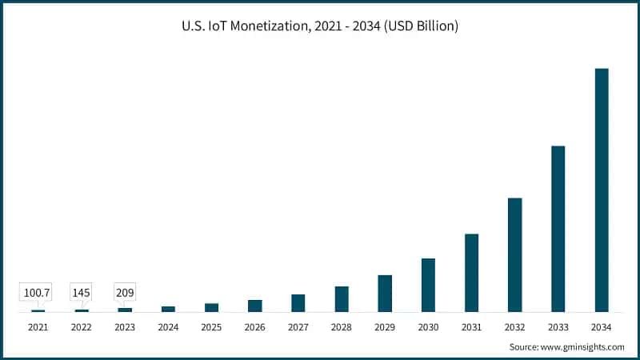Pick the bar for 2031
pos(472,273)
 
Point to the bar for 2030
pos(428,285)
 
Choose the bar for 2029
pos(385,294)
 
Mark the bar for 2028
pos(342,299)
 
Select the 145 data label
pos(81,293)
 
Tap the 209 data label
pos(124,293)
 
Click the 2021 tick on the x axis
pos(38,327)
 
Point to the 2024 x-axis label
pos(168,327)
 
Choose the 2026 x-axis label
pos(254,327)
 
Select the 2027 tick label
pos(298,327)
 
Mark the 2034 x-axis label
pos(602,327)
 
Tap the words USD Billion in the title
pos(422,26)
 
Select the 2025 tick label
pos(211,327)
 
